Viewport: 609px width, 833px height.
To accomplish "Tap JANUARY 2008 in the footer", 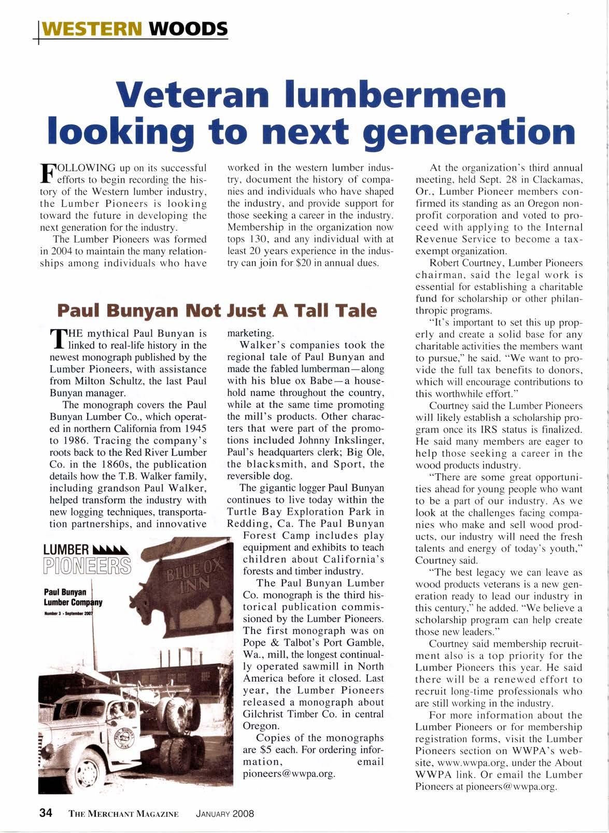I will [x=224, y=814].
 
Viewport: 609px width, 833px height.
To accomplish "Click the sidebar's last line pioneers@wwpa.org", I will [x=289, y=773].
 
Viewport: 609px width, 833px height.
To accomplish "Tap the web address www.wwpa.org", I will [x=468, y=763].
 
